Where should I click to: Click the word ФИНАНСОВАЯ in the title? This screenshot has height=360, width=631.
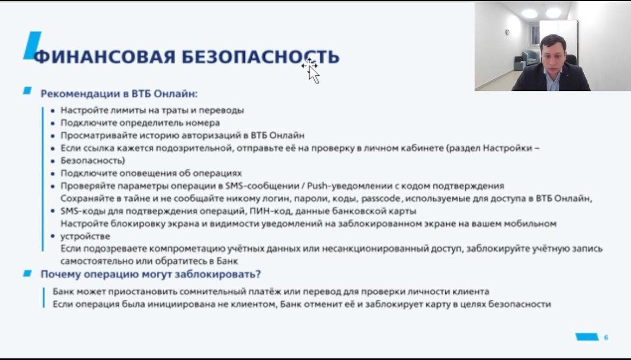pyautogui.click(x=104, y=57)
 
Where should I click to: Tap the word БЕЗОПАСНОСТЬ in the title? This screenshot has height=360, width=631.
pyautogui.click(x=261, y=57)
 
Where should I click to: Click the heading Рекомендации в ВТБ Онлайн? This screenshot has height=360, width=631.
pyautogui.click(x=119, y=94)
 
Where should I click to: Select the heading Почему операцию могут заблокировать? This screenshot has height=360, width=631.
pyautogui.click(x=151, y=274)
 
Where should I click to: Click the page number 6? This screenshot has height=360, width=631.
pyautogui.click(x=606, y=337)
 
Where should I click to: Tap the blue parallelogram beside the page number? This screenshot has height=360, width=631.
pyautogui.click(x=587, y=337)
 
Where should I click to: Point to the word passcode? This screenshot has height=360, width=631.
pyautogui.click(x=381, y=199)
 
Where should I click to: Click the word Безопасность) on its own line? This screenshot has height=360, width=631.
pyautogui.click(x=93, y=160)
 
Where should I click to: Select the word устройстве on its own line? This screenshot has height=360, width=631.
pyautogui.click(x=85, y=236)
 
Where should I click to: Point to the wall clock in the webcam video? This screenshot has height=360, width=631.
pyautogui.click(x=507, y=32)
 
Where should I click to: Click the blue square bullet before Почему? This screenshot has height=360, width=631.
pyautogui.click(x=27, y=273)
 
